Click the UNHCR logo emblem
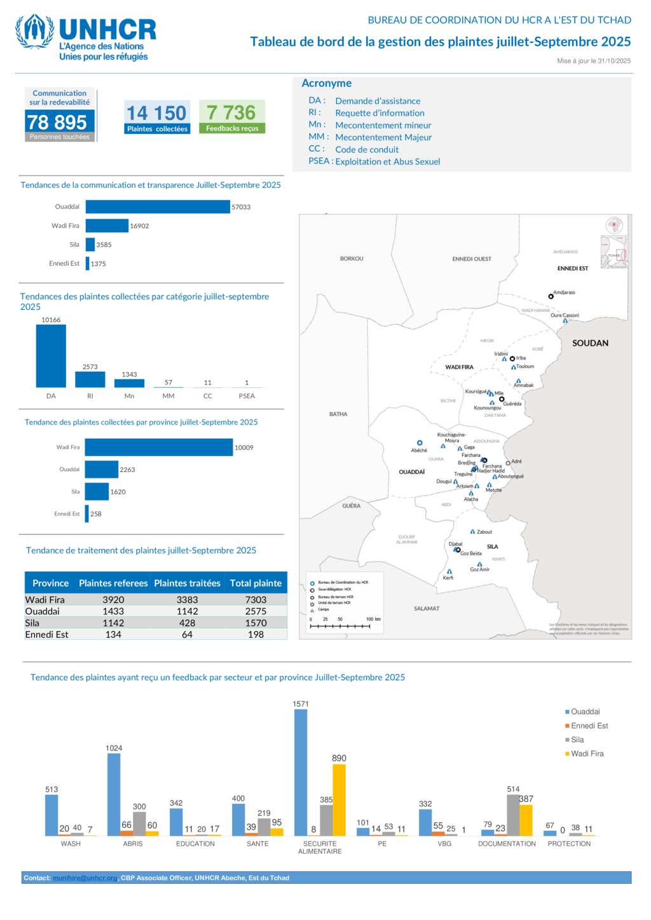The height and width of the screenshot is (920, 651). pos(35,31)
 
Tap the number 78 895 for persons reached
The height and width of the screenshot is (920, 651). pos(57,121)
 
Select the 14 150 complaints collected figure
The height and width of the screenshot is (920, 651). pos(156,113)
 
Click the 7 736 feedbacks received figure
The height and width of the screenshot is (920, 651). pos(231,112)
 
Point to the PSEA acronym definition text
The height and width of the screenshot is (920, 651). pos(387,162)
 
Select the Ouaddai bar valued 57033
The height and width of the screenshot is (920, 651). pos(158,207)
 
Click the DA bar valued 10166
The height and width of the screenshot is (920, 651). pos(51,356)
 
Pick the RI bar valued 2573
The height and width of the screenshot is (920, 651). pos(90,379)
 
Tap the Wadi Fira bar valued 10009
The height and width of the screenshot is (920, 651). pos(159,447)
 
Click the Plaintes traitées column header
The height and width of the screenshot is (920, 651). pos(187,583)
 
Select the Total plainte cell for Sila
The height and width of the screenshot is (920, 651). pos(256,623)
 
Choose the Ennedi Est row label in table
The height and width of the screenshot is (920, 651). pos(47,635)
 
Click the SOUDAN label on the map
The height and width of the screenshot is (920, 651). pos(590,343)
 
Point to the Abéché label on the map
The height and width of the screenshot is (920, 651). pos(419,450)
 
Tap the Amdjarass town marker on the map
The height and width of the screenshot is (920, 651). pos(551,297)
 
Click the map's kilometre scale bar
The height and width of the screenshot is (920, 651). pos(340,626)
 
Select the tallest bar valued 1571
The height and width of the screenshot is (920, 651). pos(301,772)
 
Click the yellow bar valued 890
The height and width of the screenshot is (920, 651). pos(339,800)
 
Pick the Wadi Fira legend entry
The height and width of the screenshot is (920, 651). pos(587,754)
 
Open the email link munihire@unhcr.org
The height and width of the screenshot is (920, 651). pos(85,878)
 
